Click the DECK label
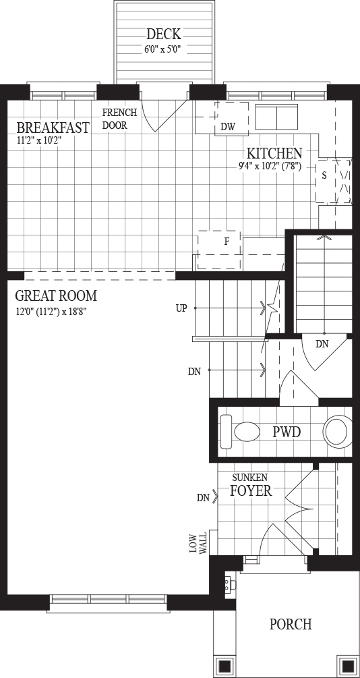click(x=163, y=34)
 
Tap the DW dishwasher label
click(x=228, y=127)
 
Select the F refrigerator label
click(x=226, y=242)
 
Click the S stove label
click(x=324, y=176)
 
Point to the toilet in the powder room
click(x=239, y=431)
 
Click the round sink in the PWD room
click(x=336, y=431)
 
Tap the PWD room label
click(x=287, y=432)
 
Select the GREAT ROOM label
click(x=56, y=295)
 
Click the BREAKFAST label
click(x=53, y=128)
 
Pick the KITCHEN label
click(x=274, y=153)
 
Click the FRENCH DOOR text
click(x=120, y=119)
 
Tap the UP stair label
click(x=181, y=308)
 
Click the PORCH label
click(x=291, y=625)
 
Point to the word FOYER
click(x=251, y=490)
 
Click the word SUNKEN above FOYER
click(x=250, y=478)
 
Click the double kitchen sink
click(x=276, y=117)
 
